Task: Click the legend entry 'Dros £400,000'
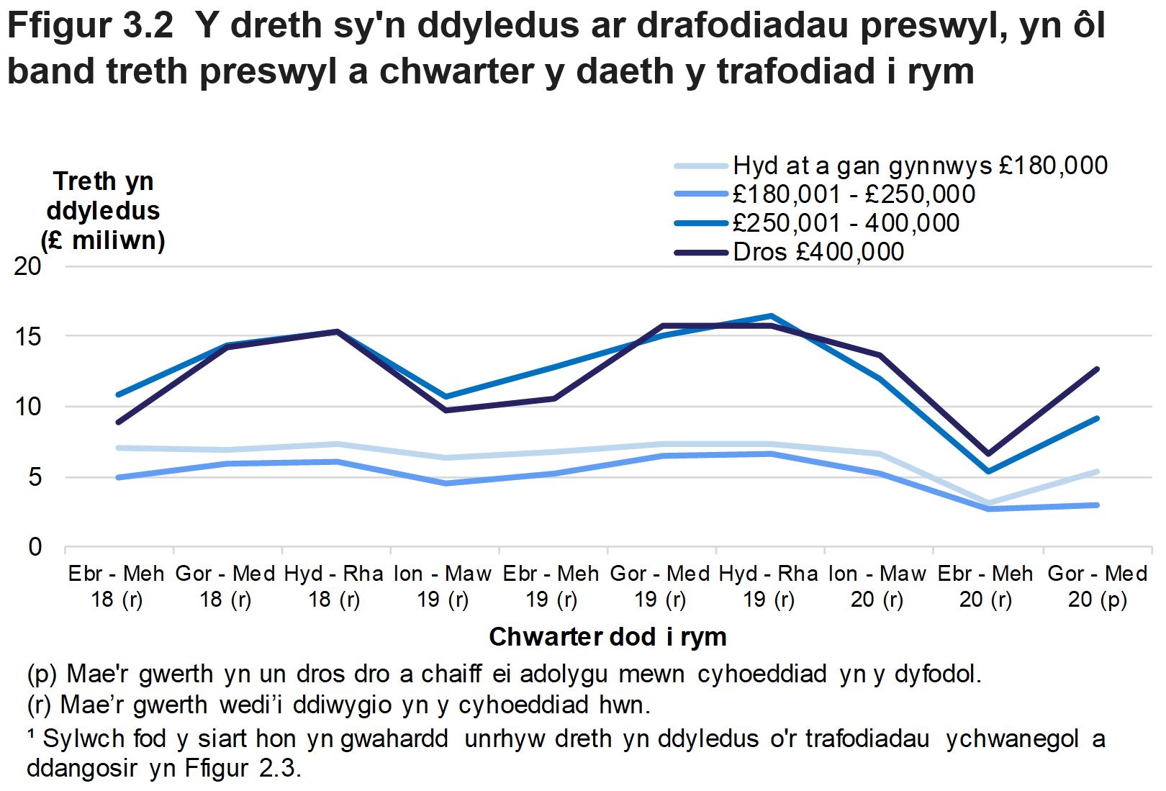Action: click(x=818, y=252)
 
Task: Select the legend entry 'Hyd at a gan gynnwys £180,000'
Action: click(x=920, y=166)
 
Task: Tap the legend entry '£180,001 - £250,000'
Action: click(x=854, y=194)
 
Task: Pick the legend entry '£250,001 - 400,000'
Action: click(x=846, y=223)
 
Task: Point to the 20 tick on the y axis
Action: click(x=29, y=266)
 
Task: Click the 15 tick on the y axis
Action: click(x=29, y=336)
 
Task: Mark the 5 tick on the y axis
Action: click(x=35, y=477)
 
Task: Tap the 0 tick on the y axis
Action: click(x=35, y=547)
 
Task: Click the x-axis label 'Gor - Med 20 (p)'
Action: click(x=1097, y=586)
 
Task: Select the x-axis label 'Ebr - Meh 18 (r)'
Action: click(x=117, y=586)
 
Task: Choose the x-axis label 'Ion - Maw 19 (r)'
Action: click(x=443, y=586)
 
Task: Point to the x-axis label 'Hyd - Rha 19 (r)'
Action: click(x=769, y=586)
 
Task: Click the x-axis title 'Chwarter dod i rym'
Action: click(x=607, y=637)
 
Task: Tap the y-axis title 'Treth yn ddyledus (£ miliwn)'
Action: click(x=103, y=210)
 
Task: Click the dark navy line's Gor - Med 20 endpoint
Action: click(x=1097, y=369)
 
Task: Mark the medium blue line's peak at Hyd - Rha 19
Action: click(x=771, y=316)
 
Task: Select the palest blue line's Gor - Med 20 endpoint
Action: click(x=1097, y=471)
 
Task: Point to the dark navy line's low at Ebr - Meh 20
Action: click(x=988, y=453)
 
